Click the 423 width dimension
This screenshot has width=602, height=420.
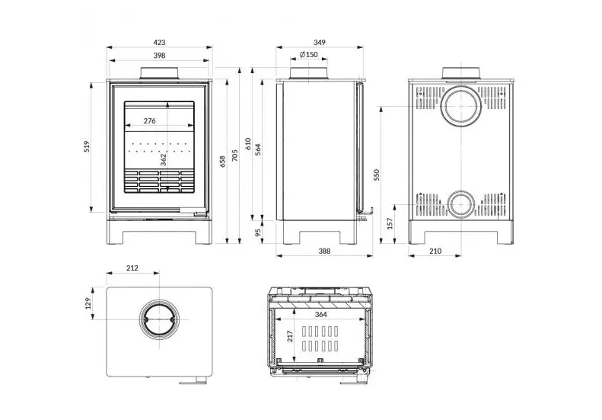pyautogui.click(x=159, y=43)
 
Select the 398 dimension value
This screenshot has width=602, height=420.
pyautogui.click(x=159, y=56)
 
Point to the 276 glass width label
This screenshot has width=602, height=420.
pyautogui.click(x=149, y=120)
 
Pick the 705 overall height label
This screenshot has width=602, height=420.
pyautogui.click(x=234, y=155)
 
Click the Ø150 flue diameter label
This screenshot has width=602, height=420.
pyautogui.click(x=308, y=55)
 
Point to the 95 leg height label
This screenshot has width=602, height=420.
pyautogui.click(x=257, y=232)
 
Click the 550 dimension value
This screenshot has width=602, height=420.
pyautogui.click(x=376, y=175)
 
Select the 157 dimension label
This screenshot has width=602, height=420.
pyautogui.click(x=390, y=223)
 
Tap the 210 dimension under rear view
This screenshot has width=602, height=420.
pyautogui.click(x=435, y=251)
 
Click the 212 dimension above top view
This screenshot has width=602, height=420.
pyautogui.click(x=132, y=268)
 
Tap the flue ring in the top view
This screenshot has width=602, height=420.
pyautogui.click(x=159, y=322)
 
